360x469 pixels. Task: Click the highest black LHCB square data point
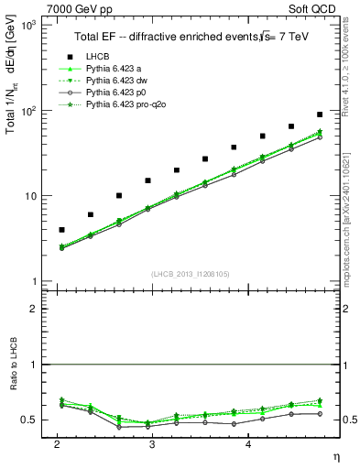click(320, 115)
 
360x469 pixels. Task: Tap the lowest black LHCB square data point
click(61, 230)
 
